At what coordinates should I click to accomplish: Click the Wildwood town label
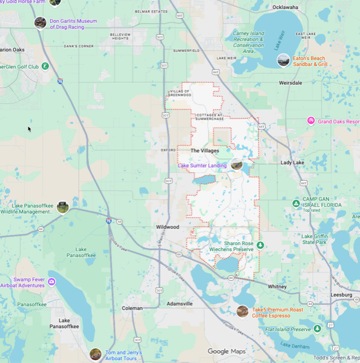click(x=166, y=227)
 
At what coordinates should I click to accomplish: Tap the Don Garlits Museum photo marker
click(x=41, y=23)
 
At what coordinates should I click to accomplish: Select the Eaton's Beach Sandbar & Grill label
click(x=310, y=60)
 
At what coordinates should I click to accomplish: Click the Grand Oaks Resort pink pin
click(x=311, y=121)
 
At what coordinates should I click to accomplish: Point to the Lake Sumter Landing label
click(x=202, y=165)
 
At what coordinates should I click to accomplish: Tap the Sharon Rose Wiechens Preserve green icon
click(x=260, y=244)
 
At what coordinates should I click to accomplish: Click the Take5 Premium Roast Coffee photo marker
click(x=242, y=311)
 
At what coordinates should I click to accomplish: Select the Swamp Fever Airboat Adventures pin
click(x=51, y=281)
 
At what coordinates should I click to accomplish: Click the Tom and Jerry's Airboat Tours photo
click(x=95, y=354)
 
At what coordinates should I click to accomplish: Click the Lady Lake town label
click(x=292, y=163)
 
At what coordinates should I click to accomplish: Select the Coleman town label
click(x=132, y=308)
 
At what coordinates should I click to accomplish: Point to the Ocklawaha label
click(x=286, y=7)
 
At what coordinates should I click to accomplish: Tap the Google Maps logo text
click(x=226, y=352)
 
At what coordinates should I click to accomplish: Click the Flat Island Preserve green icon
click(x=317, y=329)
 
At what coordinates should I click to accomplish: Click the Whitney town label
click(x=277, y=286)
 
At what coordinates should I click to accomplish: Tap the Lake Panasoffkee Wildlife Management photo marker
click(x=62, y=208)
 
